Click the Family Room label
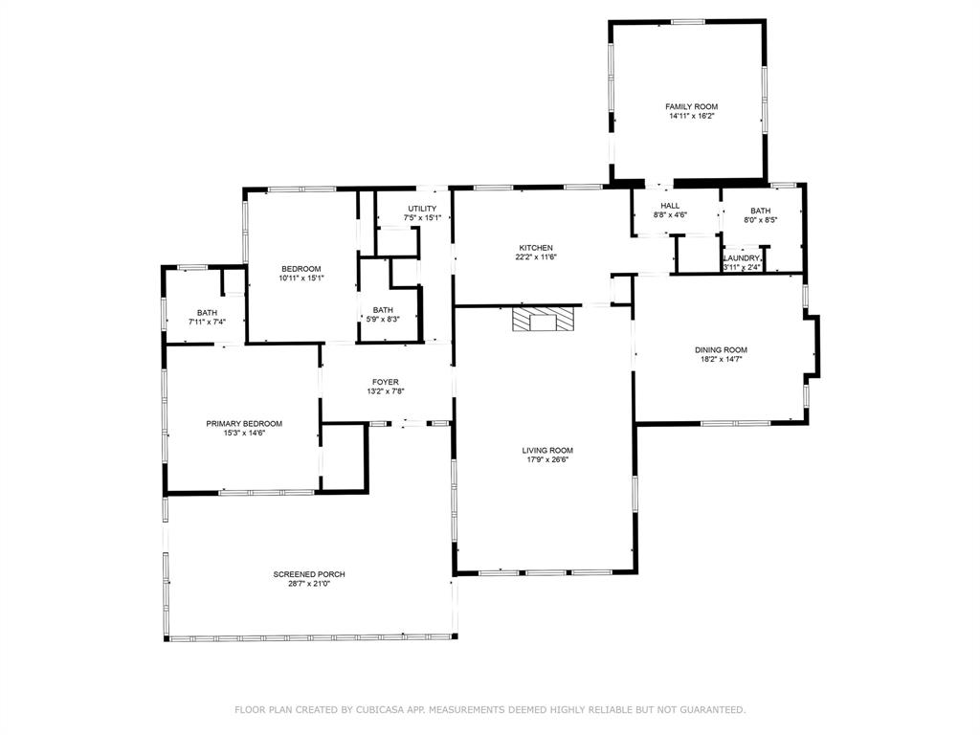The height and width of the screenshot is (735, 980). [x=691, y=106]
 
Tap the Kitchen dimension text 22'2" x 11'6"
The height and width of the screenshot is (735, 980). [x=536, y=256]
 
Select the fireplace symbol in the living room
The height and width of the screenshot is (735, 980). [x=543, y=319]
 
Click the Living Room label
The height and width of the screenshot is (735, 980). [x=547, y=450]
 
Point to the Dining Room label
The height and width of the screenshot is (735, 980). [x=721, y=350]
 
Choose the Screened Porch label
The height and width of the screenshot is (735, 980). [x=308, y=574]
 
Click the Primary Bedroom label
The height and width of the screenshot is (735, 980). [x=244, y=423]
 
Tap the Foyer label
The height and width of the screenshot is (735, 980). [x=385, y=382]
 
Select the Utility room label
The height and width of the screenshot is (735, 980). [x=422, y=209]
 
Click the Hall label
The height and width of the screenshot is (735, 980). [x=670, y=206]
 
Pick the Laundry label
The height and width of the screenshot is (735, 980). [x=742, y=258]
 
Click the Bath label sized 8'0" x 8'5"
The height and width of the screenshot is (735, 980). [x=760, y=211]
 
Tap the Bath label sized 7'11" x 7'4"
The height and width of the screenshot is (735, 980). [x=207, y=312]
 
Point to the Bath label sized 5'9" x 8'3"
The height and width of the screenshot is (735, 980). [x=383, y=309]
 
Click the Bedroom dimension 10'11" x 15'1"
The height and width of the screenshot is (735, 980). [x=301, y=278]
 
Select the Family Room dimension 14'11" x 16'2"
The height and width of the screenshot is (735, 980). [x=691, y=116]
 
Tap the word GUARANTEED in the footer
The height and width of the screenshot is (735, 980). [x=710, y=710]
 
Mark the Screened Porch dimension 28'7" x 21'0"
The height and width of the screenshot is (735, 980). [x=308, y=584]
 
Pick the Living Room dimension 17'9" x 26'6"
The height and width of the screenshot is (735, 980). [x=547, y=459]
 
